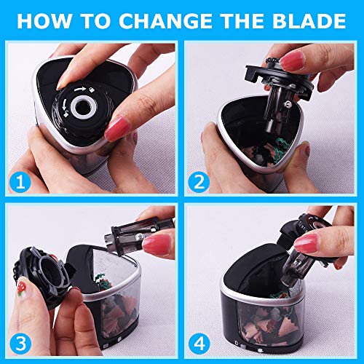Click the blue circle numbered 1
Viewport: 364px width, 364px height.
tap(20, 182)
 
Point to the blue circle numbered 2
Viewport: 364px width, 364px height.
tap(199, 182)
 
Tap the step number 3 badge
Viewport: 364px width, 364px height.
tap(20, 344)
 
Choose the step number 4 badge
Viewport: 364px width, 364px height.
tap(199, 344)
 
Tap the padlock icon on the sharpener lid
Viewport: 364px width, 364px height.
tap(92, 90)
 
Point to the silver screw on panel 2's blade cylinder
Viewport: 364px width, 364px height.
tap(288, 104)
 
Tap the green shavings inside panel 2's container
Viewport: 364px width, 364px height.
tap(282, 146)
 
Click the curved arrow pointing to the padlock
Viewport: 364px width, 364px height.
tap(80, 90)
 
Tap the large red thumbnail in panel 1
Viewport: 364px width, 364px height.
tap(116, 128)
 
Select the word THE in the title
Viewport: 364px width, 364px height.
tap(242, 21)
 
